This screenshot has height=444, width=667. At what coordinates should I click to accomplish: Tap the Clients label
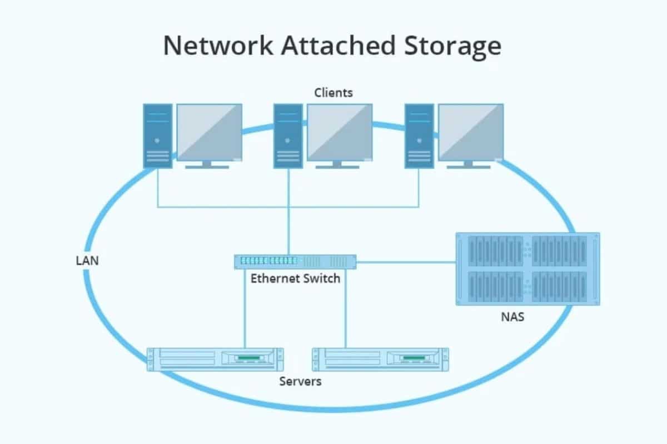(333, 93)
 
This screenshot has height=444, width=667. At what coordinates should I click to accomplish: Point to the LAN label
(87, 260)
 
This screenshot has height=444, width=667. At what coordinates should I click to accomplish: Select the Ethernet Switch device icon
(295, 261)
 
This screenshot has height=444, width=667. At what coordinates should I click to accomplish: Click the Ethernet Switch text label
(295, 278)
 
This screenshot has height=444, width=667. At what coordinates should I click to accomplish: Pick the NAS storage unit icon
(527, 269)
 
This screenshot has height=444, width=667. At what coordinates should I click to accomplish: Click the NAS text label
(512, 318)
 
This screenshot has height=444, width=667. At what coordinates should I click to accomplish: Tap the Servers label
(300, 381)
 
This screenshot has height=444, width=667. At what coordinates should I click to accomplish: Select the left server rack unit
(215, 359)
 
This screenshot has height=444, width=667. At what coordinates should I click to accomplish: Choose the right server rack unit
(381, 359)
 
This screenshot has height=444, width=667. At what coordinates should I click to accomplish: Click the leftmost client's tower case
(158, 136)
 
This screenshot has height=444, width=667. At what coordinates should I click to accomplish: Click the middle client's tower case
(288, 136)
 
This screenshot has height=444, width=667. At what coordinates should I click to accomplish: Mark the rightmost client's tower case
(419, 136)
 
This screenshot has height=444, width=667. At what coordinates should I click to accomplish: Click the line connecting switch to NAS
(406, 262)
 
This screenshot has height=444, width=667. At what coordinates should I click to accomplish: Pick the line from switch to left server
(245, 311)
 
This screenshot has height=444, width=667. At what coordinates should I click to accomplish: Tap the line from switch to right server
(346, 311)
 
